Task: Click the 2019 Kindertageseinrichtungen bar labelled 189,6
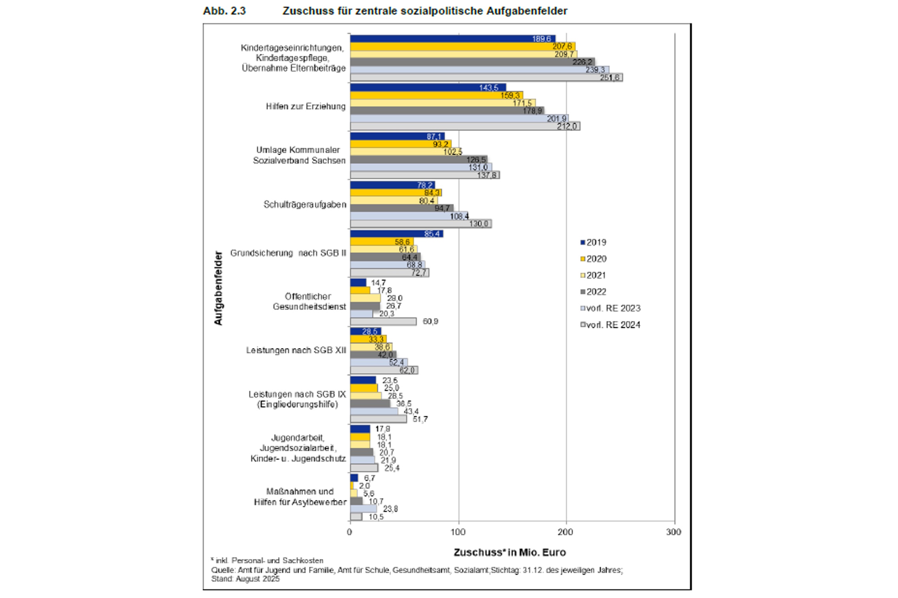tap(452, 39)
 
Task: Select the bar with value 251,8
tap(486, 77)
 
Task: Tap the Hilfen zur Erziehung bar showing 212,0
tap(465, 126)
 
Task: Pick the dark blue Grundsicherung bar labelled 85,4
tap(396, 234)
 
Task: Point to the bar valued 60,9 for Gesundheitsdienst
tap(383, 321)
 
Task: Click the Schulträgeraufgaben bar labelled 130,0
tap(421, 224)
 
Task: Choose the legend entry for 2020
tap(593, 259)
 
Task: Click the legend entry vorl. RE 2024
tap(610, 325)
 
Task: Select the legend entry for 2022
tap(593, 292)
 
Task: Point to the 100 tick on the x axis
tap(458, 532)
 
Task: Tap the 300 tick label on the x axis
tap(674, 532)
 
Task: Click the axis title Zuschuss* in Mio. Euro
tap(510, 553)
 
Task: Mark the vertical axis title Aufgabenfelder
tap(218, 288)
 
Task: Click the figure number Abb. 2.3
tap(224, 11)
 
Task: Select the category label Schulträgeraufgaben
tap(305, 205)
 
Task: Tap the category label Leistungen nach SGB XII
tap(296, 350)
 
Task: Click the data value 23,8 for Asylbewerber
tap(390, 509)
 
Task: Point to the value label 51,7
tap(420, 419)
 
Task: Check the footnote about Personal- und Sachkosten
tap(267, 561)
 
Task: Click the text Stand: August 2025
tap(245, 579)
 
